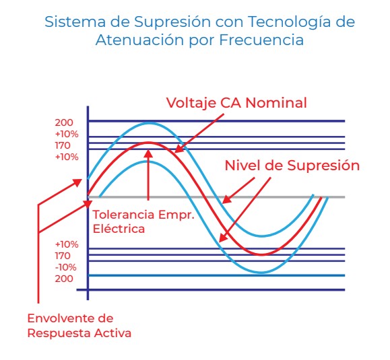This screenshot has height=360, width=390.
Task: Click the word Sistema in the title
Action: (75, 22)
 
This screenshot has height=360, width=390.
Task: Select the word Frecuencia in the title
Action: (261, 40)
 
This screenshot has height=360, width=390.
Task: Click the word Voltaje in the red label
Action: (191, 103)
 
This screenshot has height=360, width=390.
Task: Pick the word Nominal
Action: (276, 103)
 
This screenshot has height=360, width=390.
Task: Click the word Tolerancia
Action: (123, 215)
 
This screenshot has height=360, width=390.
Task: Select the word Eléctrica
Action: (119, 229)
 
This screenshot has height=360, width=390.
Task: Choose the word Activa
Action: (112, 333)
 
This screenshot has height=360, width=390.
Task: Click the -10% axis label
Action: (65, 267)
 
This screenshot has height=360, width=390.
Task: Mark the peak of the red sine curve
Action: (148, 143)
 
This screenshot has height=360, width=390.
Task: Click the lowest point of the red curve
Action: (261, 254)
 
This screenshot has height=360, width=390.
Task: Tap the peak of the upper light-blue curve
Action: (150, 123)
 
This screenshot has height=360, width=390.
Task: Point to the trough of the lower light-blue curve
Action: (261, 273)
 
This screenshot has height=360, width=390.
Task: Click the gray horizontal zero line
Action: (216, 197)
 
